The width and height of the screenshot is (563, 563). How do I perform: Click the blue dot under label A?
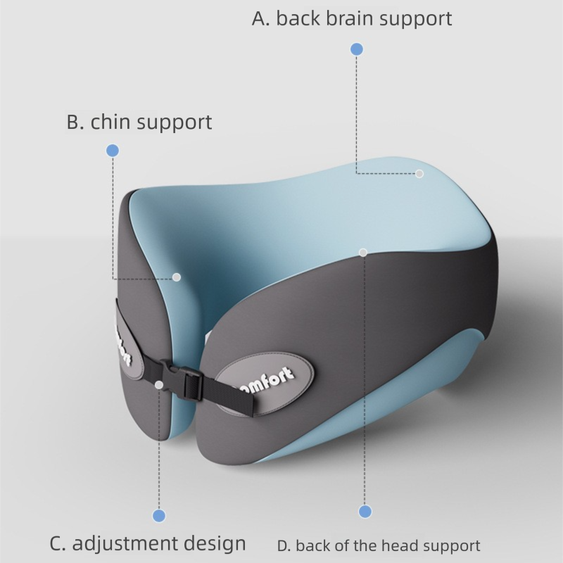pos(357,49)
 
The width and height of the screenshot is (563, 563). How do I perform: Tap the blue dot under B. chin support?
pos(113,151)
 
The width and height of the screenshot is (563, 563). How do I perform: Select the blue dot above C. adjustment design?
pos(159,516)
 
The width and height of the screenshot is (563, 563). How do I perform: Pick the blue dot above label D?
pos(365,512)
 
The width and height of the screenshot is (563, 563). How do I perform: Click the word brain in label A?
pos(341,18)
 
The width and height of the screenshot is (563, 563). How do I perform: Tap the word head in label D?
pos(400,545)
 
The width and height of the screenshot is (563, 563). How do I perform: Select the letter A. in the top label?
pos(260,18)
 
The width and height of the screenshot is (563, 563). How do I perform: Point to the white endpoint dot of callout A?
pos(419,173)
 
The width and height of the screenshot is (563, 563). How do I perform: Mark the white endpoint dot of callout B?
pos(177,277)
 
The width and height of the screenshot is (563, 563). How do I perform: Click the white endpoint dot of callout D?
pos(363,252)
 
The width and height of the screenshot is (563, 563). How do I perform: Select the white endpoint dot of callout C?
pos(160,384)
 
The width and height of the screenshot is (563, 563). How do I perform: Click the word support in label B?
pos(174,122)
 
